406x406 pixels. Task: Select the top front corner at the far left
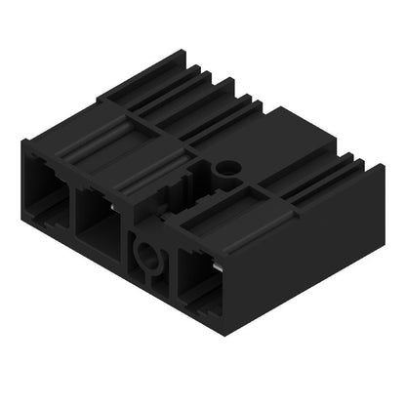coord(22,142)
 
